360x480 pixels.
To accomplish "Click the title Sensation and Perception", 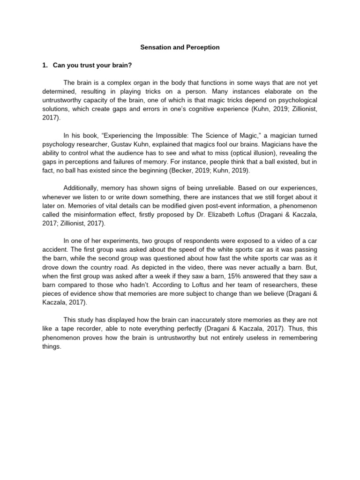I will pos(180,47).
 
